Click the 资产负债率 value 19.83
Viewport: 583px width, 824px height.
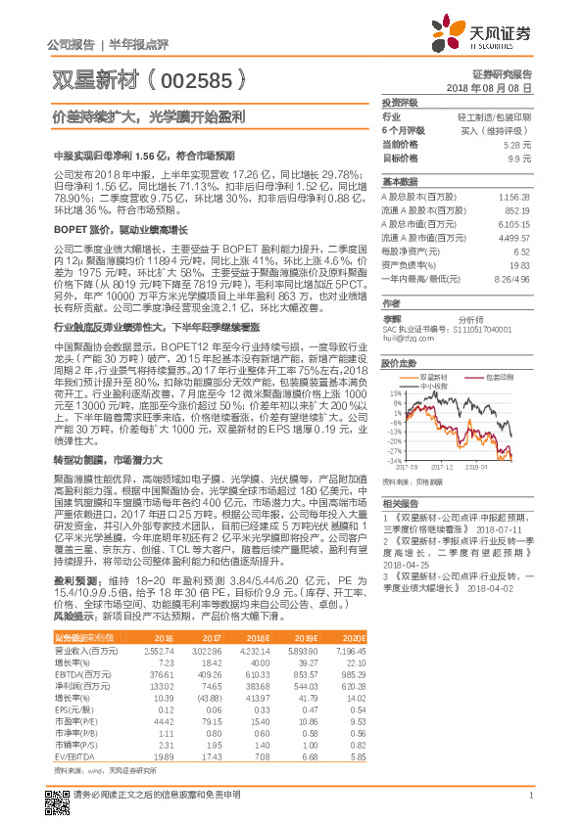pos(520,264)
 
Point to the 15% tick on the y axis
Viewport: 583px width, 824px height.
pos(394,392)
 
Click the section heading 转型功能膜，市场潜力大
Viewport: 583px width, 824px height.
pos(100,459)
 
